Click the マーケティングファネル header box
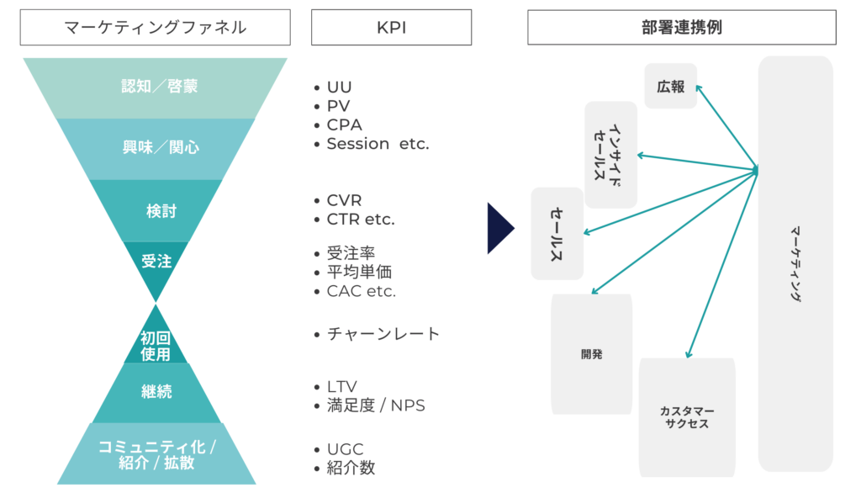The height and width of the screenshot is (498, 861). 156,28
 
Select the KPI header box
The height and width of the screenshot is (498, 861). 391,28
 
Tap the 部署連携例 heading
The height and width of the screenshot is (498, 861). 681,28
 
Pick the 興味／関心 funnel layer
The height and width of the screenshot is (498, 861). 156,149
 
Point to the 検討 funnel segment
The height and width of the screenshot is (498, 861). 156,210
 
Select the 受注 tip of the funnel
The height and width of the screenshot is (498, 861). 156,264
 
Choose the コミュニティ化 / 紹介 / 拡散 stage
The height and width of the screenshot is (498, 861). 156,453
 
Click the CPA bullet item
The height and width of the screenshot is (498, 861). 338,125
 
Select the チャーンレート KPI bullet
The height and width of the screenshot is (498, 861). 377,334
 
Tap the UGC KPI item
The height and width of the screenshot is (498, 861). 338,449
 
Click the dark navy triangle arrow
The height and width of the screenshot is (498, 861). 499,228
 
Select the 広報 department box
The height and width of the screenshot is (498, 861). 670,86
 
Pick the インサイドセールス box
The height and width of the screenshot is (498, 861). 610,155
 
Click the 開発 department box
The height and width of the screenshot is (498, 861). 591,354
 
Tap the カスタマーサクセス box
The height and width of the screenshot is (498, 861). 687,417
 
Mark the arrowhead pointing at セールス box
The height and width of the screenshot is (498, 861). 585,232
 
